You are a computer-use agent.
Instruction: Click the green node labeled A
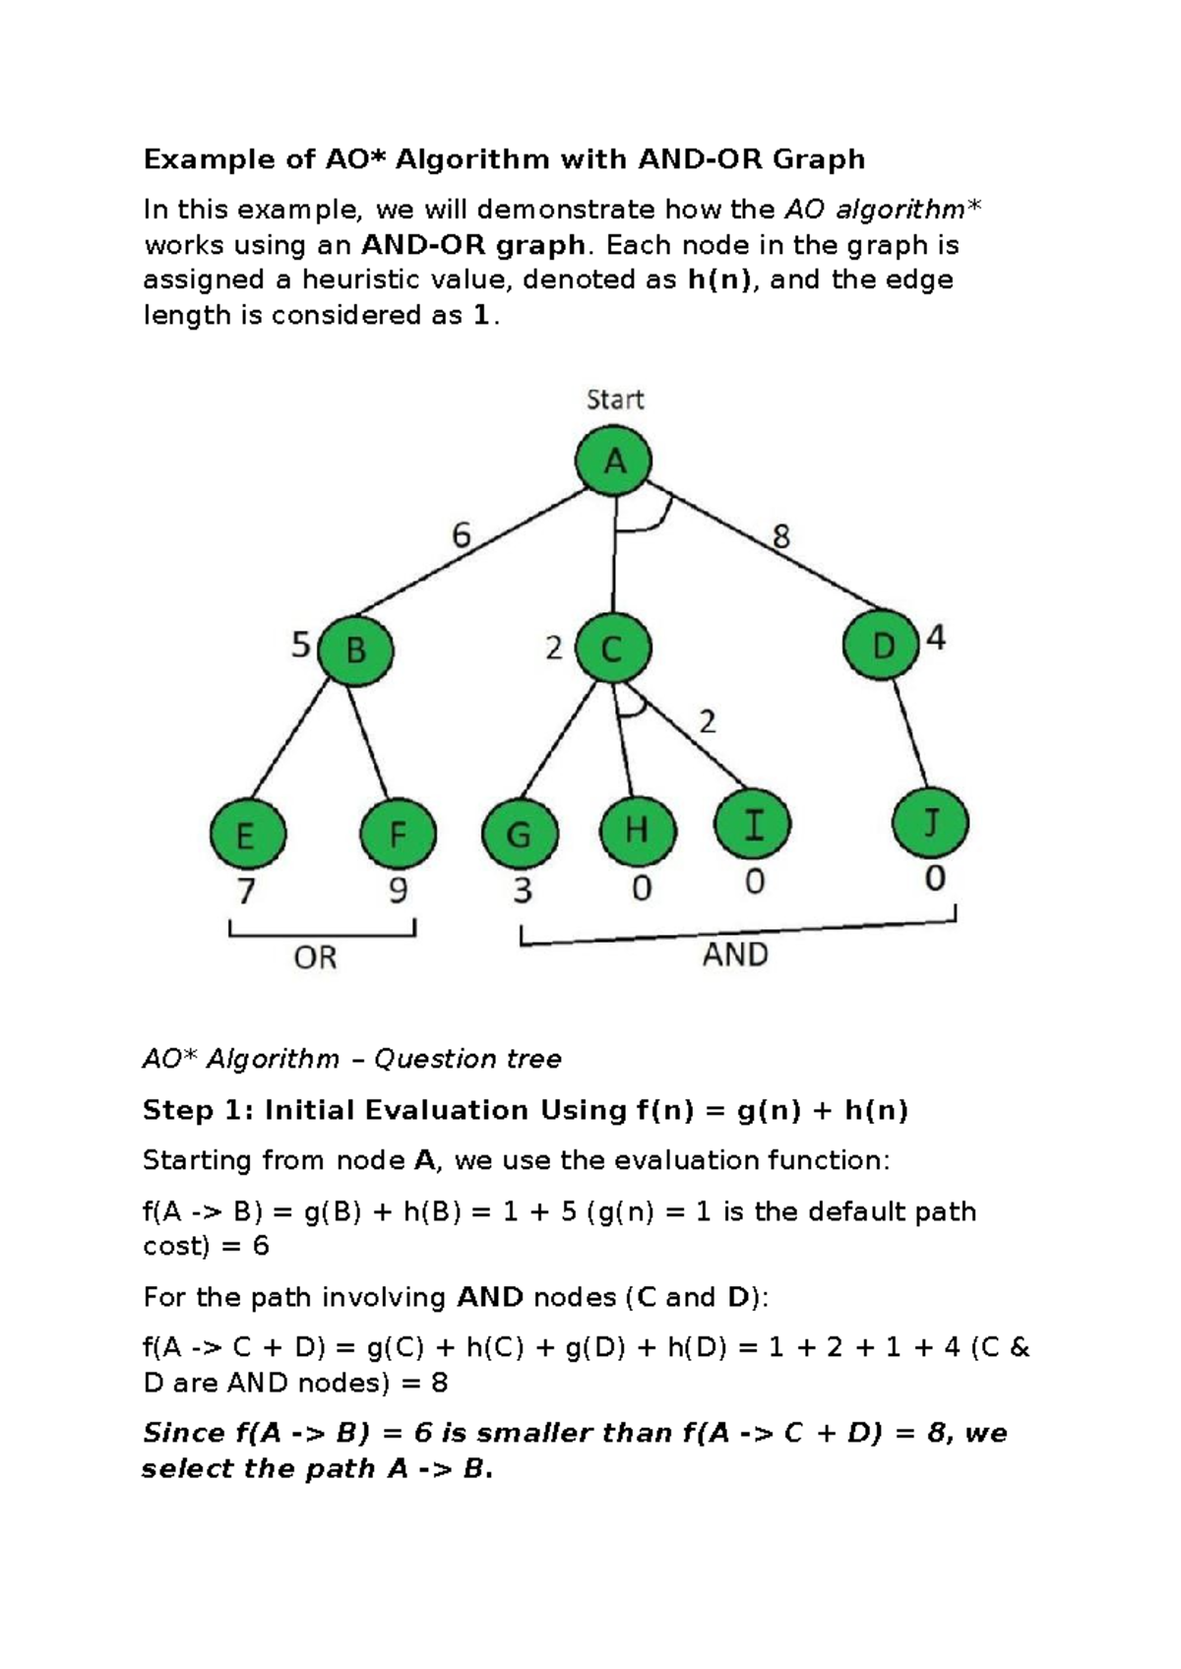(614, 461)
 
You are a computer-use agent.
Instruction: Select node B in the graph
(355, 650)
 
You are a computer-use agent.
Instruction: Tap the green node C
(612, 649)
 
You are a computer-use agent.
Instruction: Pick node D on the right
(882, 646)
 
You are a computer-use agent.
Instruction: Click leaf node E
(247, 835)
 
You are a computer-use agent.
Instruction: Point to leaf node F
(398, 835)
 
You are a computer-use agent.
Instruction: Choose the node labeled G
(519, 834)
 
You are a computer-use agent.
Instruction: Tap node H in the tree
(637, 830)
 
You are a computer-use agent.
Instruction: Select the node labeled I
(753, 824)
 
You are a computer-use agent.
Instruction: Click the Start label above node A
(614, 400)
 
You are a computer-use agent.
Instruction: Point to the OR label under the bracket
(315, 958)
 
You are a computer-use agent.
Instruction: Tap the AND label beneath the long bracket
(734, 955)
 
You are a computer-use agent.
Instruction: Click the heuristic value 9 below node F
(397, 891)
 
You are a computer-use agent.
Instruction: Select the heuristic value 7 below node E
(246, 892)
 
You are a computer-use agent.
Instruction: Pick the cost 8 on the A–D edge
(780, 537)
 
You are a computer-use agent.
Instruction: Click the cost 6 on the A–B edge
(461, 536)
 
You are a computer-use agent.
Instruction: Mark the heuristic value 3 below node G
(522, 891)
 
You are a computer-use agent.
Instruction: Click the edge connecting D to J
(910, 733)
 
